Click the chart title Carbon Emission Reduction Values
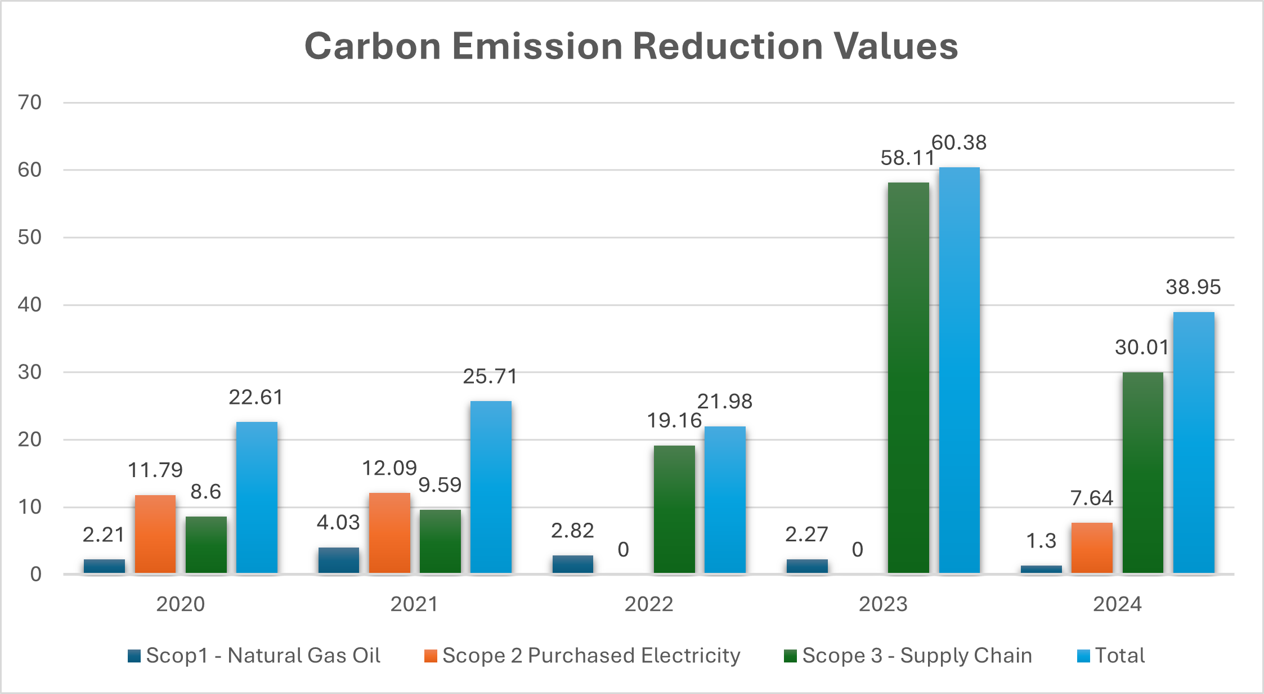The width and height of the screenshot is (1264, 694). click(x=631, y=46)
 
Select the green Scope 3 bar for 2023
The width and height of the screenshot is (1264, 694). click(x=908, y=377)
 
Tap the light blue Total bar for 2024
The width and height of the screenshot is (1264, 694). click(x=1194, y=443)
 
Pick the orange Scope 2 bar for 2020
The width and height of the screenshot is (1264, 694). click(x=155, y=534)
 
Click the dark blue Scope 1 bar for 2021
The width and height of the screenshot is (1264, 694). click(x=339, y=560)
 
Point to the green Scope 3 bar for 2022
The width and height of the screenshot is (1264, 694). click(x=674, y=509)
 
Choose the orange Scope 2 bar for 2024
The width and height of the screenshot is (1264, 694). click(x=1092, y=548)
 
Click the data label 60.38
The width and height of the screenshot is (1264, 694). click(x=959, y=143)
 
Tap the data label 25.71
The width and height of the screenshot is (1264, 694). click(x=490, y=376)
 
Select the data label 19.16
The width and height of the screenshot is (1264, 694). click(x=674, y=420)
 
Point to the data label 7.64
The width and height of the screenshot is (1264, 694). click(x=1092, y=498)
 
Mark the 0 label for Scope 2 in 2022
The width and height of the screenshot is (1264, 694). click(x=623, y=549)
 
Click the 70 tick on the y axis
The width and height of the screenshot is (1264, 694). click(x=30, y=103)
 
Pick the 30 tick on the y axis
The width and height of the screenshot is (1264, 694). click(x=30, y=372)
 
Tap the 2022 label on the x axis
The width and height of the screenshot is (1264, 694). click(x=649, y=604)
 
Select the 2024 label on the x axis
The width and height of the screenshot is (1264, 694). click(x=1117, y=604)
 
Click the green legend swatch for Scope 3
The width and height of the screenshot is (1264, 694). click(x=790, y=656)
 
